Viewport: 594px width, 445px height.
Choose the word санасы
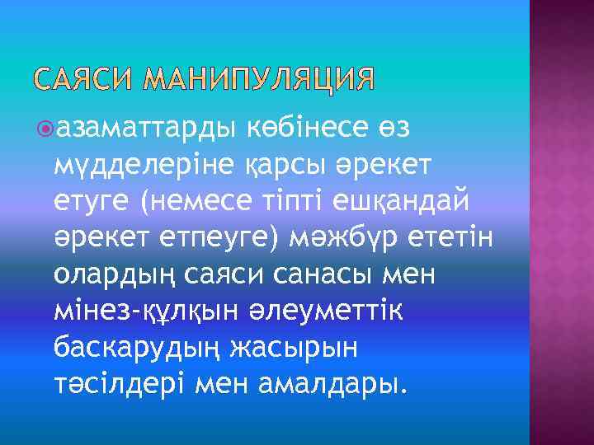click(334, 274)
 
